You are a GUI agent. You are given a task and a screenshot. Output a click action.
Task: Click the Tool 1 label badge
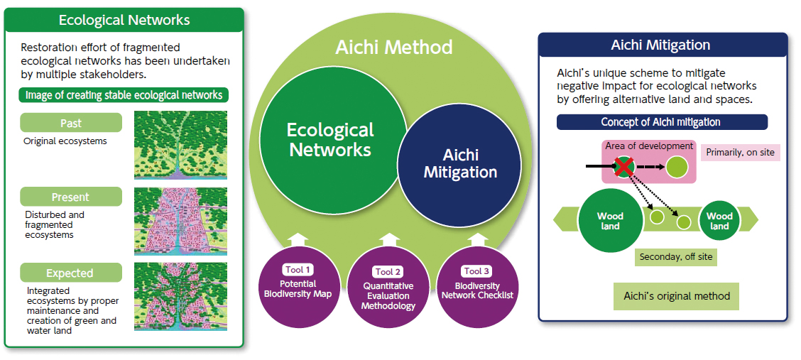(x=299, y=270)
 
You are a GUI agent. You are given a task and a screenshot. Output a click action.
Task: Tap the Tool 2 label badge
(x=389, y=272)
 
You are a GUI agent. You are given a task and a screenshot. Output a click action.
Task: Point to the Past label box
(x=71, y=123)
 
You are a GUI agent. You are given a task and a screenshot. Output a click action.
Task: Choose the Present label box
(x=71, y=197)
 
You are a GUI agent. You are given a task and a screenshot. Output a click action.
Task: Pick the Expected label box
(x=71, y=273)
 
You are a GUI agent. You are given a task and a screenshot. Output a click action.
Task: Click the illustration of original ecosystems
(x=181, y=145)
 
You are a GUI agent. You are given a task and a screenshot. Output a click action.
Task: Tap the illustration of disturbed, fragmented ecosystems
(x=181, y=220)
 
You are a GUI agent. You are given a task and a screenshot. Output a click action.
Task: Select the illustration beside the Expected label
(x=181, y=296)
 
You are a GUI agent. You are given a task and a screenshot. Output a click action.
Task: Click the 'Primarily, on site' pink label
(x=740, y=152)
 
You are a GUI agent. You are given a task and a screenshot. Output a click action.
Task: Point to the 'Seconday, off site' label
(x=675, y=257)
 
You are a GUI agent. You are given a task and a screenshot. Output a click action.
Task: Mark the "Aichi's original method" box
(x=676, y=296)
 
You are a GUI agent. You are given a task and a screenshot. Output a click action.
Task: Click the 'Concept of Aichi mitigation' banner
(x=662, y=123)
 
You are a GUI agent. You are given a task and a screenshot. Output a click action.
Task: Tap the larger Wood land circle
(x=610, y=221)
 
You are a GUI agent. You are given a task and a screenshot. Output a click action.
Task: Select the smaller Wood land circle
(x=719, y=221)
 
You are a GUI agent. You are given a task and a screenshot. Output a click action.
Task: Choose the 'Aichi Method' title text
(x=394, y=48)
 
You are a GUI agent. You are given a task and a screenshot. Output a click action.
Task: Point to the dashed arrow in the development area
(x=649, y=167)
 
